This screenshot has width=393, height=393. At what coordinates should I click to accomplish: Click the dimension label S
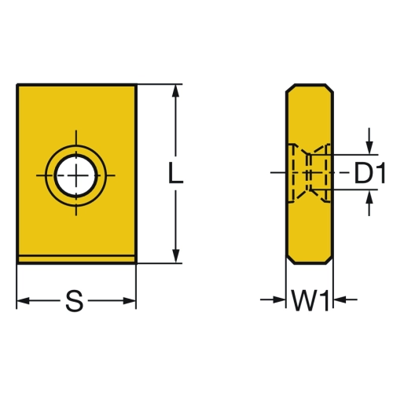[75, 301]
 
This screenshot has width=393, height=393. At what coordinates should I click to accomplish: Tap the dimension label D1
[369, 173]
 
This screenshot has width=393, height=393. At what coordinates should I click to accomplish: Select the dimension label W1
[310, 301]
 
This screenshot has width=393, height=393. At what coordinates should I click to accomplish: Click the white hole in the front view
[76, 175]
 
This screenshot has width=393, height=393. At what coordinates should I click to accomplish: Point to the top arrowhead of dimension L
[176, 92]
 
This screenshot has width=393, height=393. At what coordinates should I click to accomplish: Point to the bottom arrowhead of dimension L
[176, 255]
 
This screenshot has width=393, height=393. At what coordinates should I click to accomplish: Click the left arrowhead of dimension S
[23, 301]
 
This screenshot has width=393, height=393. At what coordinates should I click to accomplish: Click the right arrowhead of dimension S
[130, 301]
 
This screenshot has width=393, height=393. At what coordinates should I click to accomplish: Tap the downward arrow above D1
[369, 141]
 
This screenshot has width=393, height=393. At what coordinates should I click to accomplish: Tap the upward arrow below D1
[369, 203]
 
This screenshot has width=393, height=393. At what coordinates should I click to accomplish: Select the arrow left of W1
[273, 299]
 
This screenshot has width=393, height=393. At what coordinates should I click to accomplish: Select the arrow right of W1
[346, 299]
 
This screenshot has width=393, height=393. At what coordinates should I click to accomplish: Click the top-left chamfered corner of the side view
[290, 88]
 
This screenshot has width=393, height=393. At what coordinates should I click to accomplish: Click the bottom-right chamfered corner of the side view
[329, 259]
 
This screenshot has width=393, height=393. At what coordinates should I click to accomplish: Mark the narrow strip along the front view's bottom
[76, 259]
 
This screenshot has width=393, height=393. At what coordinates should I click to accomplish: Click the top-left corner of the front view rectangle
[17, 85]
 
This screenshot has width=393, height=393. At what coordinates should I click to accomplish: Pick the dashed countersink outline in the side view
[309, 173]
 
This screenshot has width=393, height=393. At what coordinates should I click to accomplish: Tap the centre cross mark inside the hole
[76, 175]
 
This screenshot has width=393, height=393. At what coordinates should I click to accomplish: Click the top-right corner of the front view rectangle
[136, 85]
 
